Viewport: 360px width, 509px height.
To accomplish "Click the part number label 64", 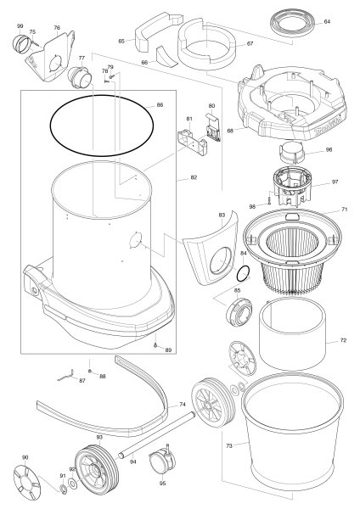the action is [327, 22].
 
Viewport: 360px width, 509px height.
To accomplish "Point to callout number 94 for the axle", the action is [132, 462].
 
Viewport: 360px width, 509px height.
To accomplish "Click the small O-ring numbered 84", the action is [244, 274].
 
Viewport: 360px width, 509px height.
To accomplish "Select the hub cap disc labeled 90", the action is [28, 480].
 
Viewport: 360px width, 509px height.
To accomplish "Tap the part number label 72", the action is [343, 340].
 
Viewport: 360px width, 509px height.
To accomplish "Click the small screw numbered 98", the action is [270, 201].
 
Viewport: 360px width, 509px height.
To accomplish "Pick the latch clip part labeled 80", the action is [213, 127].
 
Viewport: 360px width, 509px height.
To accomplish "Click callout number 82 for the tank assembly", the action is [194, 177].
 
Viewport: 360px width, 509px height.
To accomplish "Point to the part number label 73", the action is [229, 446].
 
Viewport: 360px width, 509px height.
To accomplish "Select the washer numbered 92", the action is [73, 484].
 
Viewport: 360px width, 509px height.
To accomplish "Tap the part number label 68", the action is [230, 131].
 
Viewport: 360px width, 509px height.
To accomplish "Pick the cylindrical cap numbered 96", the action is [292, 153].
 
